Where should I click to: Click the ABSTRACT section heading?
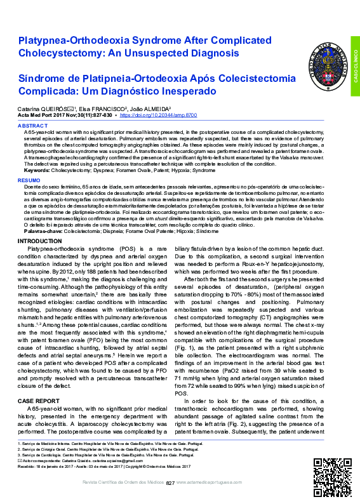[x=32, y=126]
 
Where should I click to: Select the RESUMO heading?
[x=29, y=181]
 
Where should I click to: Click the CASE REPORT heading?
[x=36, y=401]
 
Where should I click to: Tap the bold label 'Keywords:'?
[x=38, y=171]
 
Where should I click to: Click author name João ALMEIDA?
[x=149, y=109]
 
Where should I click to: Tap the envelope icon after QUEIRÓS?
[x=70, y=109]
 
